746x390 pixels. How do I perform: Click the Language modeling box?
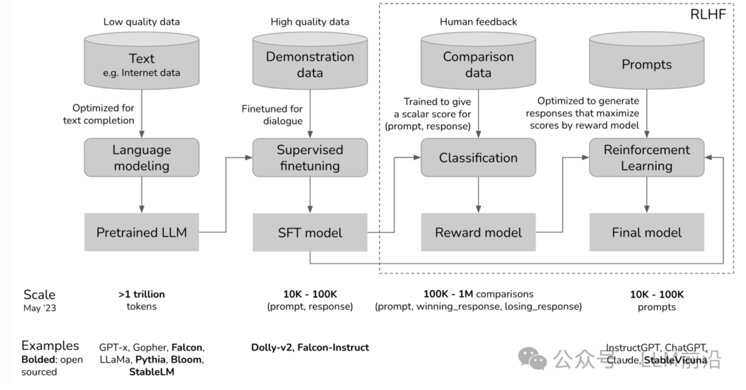click(142, 157)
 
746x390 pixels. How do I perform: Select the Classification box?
click(478, 157)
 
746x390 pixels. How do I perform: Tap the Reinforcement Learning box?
click(647, 157)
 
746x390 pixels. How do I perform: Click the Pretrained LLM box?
click(142, 232)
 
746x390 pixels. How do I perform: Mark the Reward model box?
click(478, 232)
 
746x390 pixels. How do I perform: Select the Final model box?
click(647, 232)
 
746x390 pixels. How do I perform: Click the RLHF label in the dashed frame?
click(707, 14)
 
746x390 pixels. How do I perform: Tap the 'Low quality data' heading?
click(141, 21)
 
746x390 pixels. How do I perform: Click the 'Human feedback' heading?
click(478, 21)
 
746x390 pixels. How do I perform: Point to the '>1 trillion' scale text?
click(141, 294)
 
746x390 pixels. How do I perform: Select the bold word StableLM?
click(151, 372)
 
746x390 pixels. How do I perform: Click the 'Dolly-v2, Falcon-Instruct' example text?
click(309, 347)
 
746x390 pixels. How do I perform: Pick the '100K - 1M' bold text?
click(447, 294)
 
